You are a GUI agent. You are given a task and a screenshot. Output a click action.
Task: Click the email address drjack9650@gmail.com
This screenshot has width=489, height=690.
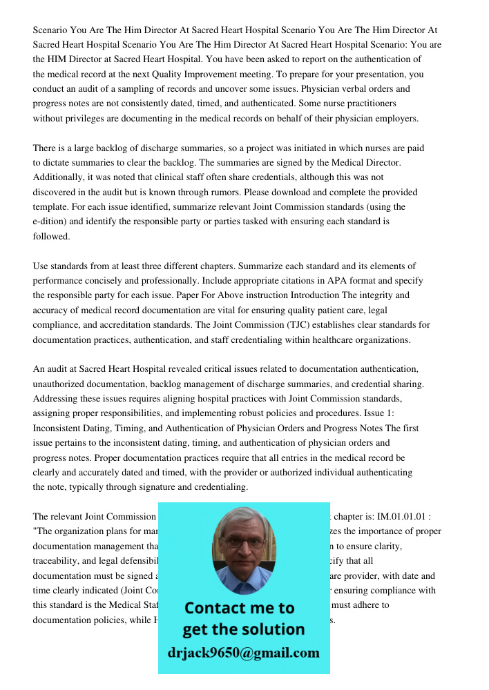[x=243, y=653]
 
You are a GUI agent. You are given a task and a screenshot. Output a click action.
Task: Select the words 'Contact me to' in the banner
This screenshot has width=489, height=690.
[x=239, y=608]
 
